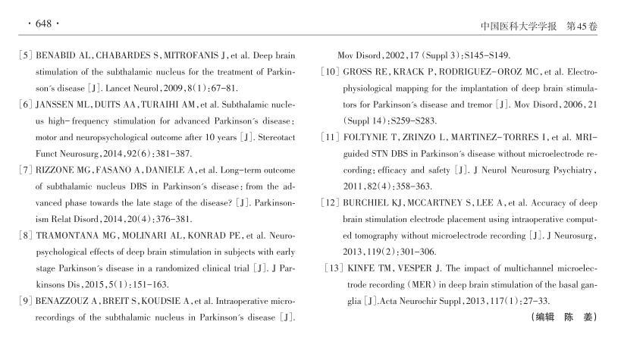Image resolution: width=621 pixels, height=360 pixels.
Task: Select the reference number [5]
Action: [25, 55]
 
